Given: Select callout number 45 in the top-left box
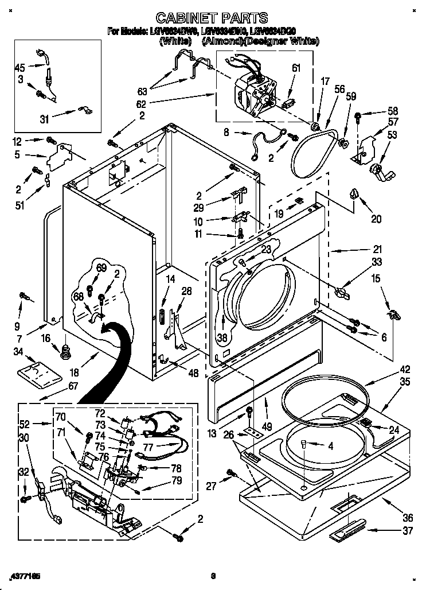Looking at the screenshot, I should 21,68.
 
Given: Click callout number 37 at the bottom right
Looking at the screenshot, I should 408,531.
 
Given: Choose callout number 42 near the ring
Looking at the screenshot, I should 405,370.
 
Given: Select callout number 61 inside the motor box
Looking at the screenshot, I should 296,68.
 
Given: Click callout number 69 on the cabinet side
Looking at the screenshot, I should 101,268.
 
